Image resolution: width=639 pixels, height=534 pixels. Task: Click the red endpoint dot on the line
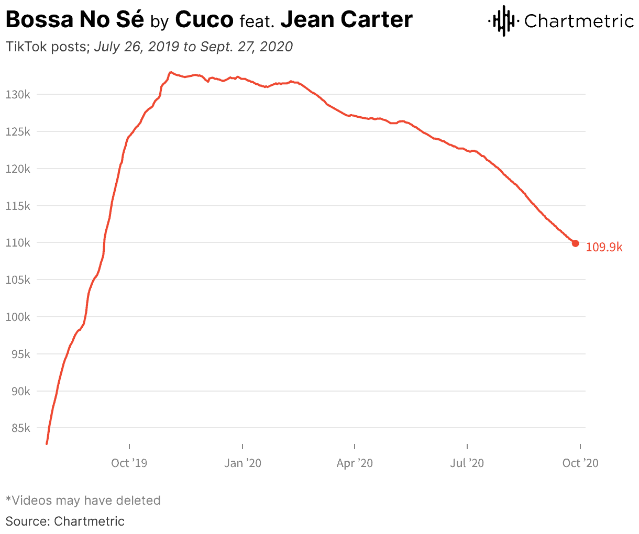tap(575, 243)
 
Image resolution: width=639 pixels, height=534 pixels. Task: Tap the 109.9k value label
tap(604, 247)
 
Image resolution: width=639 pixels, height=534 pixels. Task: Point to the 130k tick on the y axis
tap(19, 95)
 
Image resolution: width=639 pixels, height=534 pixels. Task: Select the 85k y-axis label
tap(21, 428)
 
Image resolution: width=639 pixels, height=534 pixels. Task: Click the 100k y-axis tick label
tap(19, 317)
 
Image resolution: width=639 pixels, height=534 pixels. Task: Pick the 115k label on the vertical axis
tap(19, 206)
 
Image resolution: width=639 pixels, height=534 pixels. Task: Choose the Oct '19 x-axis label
tap(129, 463)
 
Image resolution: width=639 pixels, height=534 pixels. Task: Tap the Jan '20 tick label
tap(243, 463)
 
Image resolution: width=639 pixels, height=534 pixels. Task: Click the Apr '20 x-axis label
tap(355, 463)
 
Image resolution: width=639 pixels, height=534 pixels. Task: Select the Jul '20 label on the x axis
tap(467, 463)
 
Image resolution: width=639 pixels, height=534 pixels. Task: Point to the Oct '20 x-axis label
tap(580, 463)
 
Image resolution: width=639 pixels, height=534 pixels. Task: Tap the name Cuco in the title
tap(204, 20)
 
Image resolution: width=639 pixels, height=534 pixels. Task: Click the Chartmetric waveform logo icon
tap(503, 21)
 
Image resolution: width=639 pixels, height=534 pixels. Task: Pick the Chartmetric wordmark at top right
tap(579, 21)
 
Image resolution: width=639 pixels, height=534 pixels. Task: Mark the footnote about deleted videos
tap(83, 500)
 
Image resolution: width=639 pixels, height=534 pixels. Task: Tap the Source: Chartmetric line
tap(65, 521)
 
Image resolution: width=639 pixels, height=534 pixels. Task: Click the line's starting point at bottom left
tap(47, 443)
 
